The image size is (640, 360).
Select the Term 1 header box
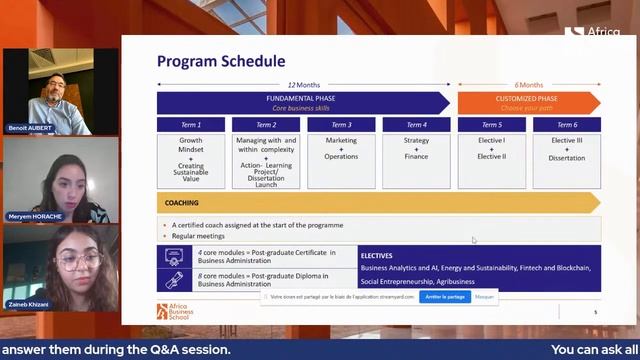point(191,125)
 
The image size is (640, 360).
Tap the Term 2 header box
point(266,125)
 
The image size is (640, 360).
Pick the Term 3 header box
point(341,125)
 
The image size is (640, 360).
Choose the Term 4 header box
point(416,125)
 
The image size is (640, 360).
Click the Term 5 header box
point(491,125)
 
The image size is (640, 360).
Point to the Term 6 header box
point(567,125)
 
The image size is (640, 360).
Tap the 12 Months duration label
point(304,85)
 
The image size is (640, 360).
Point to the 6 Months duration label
point(529,85)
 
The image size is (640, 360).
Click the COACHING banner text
point(182,203)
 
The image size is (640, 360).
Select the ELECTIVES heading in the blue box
point(376,256)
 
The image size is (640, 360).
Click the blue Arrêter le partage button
point(444,297)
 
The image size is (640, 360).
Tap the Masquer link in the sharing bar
point(484,297)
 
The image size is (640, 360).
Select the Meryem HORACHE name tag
point(33,215)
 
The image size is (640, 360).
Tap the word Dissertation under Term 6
point(567,157)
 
